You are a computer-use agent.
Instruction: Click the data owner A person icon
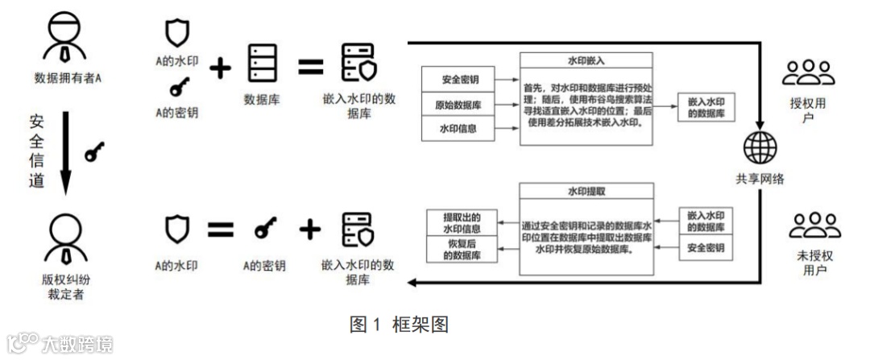tap(62, 40)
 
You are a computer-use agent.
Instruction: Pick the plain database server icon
tap(261, 60)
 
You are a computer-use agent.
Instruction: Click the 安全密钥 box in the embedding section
tap(457, 81)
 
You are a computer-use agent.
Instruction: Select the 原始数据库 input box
tap(457, 105)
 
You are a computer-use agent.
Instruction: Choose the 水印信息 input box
tap(457, 128)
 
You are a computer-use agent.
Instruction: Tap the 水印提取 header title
tap(585, 192)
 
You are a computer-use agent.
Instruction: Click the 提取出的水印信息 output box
tap(462, 222)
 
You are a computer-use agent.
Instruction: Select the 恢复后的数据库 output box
tap(462, 248)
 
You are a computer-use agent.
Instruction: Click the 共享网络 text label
tap(759, 179)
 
